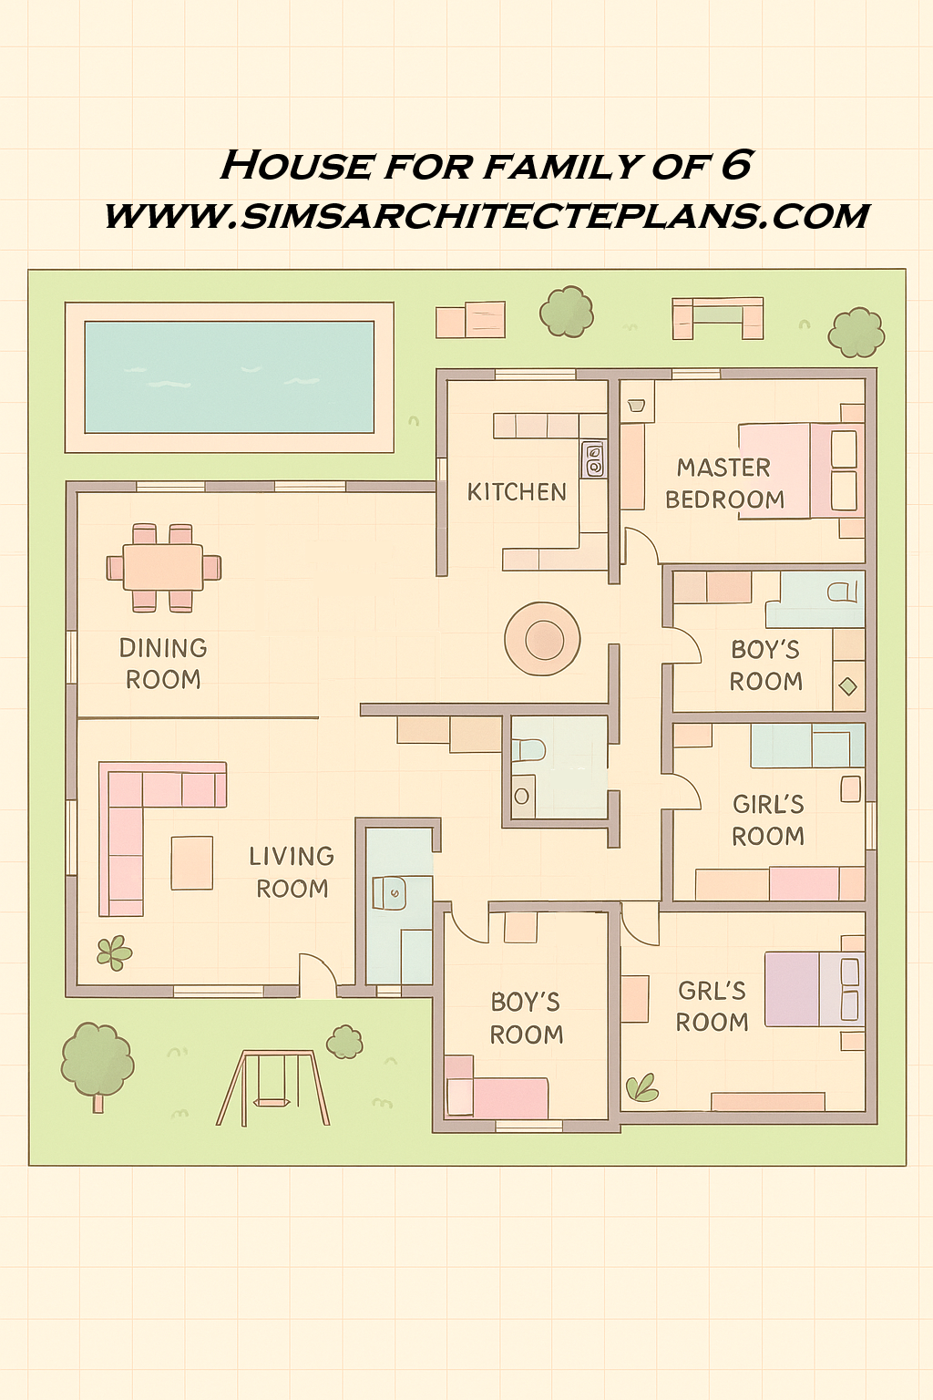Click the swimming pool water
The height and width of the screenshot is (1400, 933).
pyautogui.click(x=229, y=376)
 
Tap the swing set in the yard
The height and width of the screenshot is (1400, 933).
pyautogui.click(x=272, y=1088)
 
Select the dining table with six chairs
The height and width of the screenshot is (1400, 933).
pyautogui.click(x=163, y=567)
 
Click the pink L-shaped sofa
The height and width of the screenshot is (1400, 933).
pyautogui.click(x=137, y=820)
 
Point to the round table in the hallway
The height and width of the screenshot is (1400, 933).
pyautogui.click(x=543, y=639)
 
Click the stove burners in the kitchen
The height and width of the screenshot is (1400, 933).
pyautogui.click(x=593, y=459)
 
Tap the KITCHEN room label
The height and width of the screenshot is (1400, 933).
pyautogui.click(x=517, y=492)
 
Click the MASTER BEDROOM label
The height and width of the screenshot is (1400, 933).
pyautogui.click(x=724, y=483)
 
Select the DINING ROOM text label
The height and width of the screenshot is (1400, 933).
pyautogui.click(x=163, y=664)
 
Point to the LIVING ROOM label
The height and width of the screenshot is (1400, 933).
pyautogui.click(x=292, y=872)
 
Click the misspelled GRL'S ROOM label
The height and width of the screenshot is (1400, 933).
pyautogui.click(x=712, y=1006)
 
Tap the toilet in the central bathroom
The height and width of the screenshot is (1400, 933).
pyautogui.click(x=529, y=750)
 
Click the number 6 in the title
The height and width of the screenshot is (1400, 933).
pyautogui.click(x=736, y=165)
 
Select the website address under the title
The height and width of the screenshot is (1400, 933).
pyautogui.click(x=487, y=216)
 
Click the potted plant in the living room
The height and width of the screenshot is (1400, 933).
pyautogui.click(x=114, y=952)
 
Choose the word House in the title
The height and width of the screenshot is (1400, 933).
pyautogui.click(x=296, y=166)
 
